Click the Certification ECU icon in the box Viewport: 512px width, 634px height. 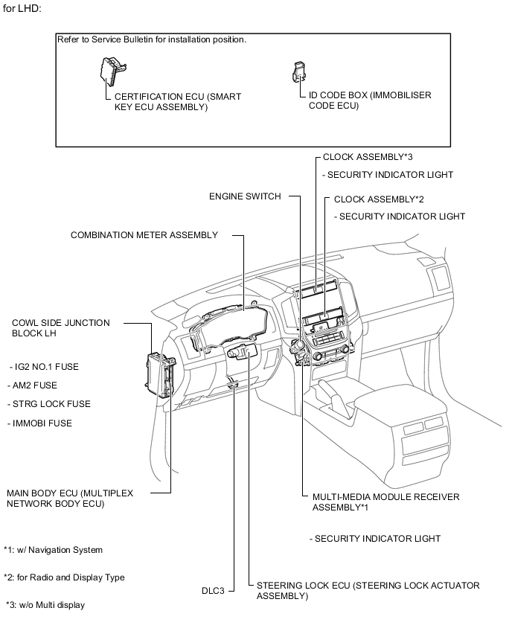click(x=112, y=71)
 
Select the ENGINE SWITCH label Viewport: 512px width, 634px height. click(x=245, y=196)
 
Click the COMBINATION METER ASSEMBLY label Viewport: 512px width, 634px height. click(x=144, y=235)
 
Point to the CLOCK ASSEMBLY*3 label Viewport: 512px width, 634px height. click(x=368, y=158)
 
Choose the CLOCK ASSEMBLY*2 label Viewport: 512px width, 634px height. click(x=379, y=199)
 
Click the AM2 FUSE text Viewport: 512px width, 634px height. click(x=35, y=385)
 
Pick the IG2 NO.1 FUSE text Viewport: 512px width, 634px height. click(x=45, y=367)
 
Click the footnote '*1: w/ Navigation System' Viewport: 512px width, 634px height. click(x=54, y=550)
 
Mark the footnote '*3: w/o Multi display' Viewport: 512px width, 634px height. click(x=46, y=605)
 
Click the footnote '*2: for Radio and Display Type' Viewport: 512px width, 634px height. click(x=65, y=577)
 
